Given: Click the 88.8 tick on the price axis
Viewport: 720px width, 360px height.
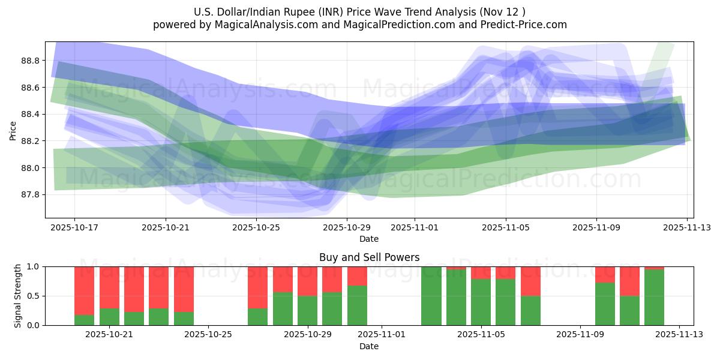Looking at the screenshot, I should [x=29, y=61].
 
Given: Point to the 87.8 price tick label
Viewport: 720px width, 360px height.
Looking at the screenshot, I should [x=29, y=195].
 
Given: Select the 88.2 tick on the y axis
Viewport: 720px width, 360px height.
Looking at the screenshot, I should [x=29, y=141].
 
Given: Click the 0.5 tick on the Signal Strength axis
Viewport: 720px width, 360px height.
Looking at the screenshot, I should [x=34, y=296].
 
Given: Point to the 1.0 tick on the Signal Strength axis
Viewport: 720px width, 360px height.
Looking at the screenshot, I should [x=34, y=266].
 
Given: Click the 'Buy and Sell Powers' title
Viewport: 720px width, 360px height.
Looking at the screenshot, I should [x=369, y=257].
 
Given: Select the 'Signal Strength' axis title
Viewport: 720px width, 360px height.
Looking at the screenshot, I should [x=18, y=296].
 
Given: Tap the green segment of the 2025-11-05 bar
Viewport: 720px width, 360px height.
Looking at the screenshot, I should [x=481, y=302].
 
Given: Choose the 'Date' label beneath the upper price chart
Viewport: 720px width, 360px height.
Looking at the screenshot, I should [x=369, y=239].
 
